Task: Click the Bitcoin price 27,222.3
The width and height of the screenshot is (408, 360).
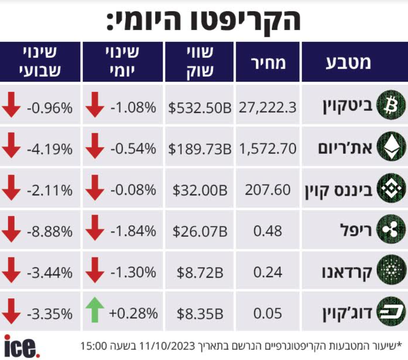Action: point(268,107)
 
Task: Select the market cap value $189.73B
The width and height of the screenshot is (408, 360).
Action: point(200,149)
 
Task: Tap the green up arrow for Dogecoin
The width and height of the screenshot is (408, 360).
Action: point(95,310)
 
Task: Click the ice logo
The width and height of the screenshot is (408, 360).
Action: point(22,346)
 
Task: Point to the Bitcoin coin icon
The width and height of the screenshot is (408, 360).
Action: point(391,105)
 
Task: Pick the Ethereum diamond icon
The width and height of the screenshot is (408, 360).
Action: point(391,146)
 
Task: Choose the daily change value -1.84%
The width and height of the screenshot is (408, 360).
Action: point(133,231)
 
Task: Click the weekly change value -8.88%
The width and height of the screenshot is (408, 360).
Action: point(49,231)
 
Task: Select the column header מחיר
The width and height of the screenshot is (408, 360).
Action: point(268,63)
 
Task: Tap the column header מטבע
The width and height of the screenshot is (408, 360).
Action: point(348,63)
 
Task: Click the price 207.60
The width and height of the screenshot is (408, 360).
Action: point(268,190)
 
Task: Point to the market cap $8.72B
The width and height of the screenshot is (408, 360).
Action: point(200,272)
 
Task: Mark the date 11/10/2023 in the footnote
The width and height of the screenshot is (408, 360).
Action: point(167,346)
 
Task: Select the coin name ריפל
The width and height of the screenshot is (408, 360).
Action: point(356,230)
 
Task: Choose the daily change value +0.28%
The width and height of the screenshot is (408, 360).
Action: point(133,313)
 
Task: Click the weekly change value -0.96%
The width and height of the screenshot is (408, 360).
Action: point(49,108)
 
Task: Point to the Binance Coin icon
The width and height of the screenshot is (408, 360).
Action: point(391,188)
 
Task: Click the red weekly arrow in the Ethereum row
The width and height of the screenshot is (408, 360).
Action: point(11,145)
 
